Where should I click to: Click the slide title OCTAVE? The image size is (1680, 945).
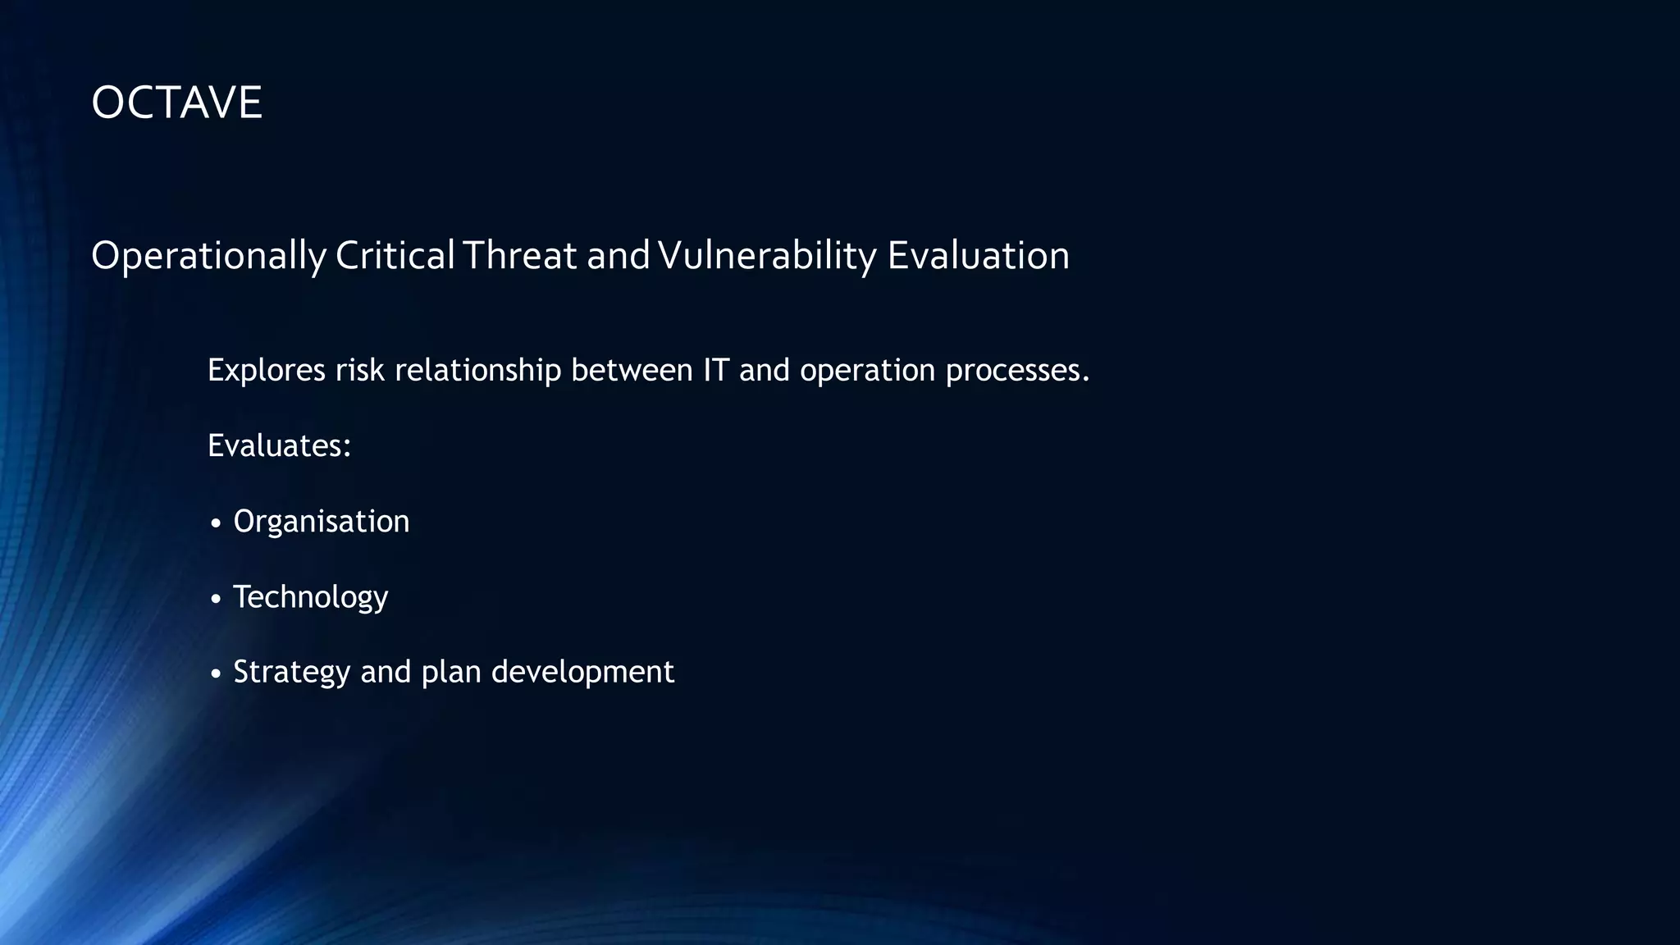click(176, 103)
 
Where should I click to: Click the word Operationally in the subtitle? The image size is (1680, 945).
click(208, 256)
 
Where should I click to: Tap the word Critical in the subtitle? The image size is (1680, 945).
click(395, 256)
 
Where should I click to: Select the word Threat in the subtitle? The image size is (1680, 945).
click(519, 256)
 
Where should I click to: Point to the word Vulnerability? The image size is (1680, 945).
click(767, 256)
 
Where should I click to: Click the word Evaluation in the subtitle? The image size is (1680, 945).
click(978, 256)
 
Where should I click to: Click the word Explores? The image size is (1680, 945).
click(267, 371)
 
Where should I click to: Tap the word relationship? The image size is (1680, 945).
click(477, 371)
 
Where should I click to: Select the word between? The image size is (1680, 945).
click(632, 371)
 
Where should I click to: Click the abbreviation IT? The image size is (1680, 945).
click(715, 371)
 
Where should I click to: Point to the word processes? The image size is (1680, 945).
click(1017, 371)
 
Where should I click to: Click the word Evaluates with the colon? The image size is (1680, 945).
click(279, 446)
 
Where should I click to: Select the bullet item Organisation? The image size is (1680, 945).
click(321, 522)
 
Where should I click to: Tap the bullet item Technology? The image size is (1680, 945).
click(310, 597)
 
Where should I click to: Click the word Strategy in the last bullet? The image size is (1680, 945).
click(291, 673)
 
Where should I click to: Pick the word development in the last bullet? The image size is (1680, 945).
click(582, 673)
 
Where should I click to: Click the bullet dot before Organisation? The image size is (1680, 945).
click(216, 523)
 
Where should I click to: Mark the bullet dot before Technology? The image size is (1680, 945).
click(216, 599)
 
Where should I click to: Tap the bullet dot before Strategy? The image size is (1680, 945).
click(216, 674)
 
